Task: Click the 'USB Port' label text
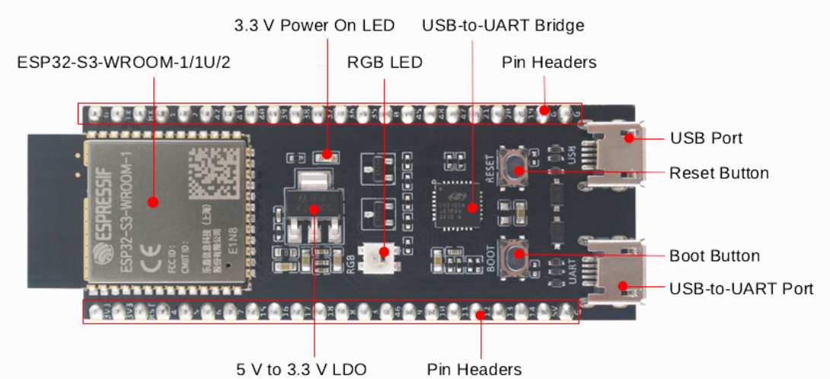tap(706, 139)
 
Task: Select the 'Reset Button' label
tap(718, 173)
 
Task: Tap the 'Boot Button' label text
tap(713, 256)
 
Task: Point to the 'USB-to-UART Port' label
tap(741, 288)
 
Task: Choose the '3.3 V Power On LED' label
tap(314, 25)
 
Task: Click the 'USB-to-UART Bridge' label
tap(503, 25)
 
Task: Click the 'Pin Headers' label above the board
tap(548, 62)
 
